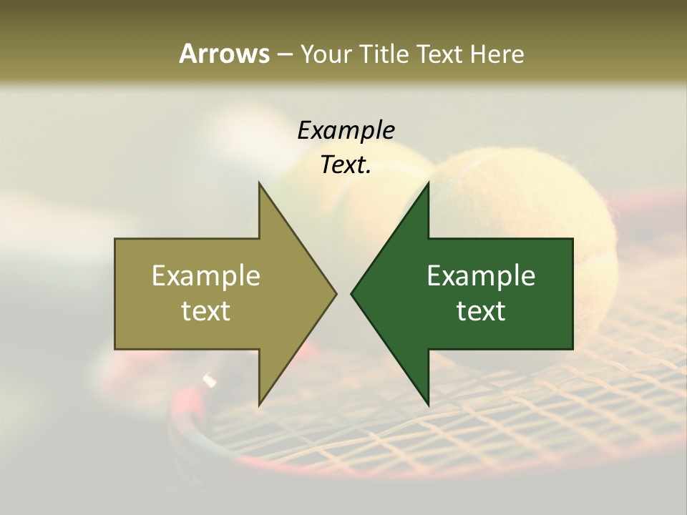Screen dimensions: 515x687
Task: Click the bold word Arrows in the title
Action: coord(224,54)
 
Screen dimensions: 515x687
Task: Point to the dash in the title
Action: coord(284,54)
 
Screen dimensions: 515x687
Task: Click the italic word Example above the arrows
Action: coord(346,130)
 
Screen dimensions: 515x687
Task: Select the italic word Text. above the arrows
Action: coord(346,165)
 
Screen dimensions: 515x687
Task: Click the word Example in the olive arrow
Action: coord(206,276)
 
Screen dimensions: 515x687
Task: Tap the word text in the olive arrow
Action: coord(206,310)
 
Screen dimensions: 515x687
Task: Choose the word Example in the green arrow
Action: coord(481,276)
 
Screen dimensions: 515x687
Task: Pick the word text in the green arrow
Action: coord(481,310)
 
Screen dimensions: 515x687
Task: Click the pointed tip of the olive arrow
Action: coord(335,293)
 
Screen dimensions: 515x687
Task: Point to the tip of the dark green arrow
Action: coord(352,293)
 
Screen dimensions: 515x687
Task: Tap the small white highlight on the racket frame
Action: coord(209,380)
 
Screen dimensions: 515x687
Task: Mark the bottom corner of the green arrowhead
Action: coord(428,404)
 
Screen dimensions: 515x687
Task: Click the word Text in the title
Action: coord(440,54)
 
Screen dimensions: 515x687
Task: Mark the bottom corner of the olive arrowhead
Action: coord(260,404)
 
